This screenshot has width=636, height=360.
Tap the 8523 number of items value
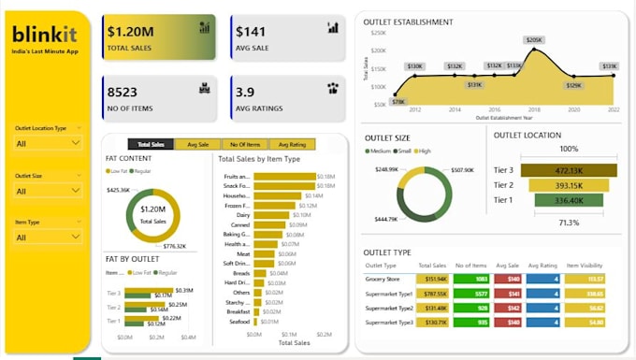[x=123, y=92]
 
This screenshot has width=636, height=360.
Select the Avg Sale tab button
[x=197, y=144]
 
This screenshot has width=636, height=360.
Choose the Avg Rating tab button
[x=291, y=144]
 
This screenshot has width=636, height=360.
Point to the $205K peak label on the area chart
[x=533, y=40]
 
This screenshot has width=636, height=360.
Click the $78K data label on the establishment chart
[x=399, y=101]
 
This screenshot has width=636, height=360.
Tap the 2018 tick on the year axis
[x=533, y=109]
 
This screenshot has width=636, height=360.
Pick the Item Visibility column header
[x=587, y=265]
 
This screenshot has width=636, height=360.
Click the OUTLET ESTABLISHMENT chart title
[x=408, y=22]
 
